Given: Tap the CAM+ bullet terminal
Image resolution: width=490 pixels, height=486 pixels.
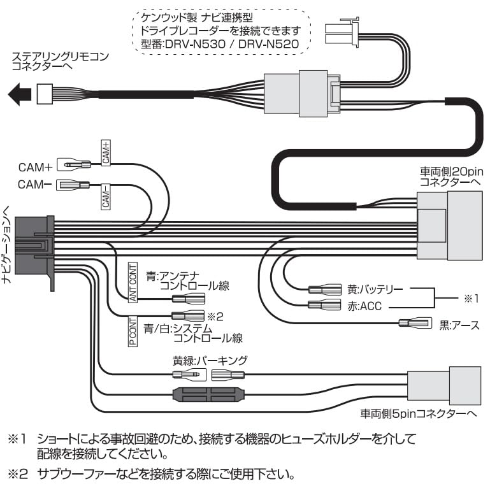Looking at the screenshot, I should pyautogui.click(x=73, y=165).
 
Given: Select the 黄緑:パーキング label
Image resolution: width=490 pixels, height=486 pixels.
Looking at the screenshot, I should pyautogui.click(x=210, y=361).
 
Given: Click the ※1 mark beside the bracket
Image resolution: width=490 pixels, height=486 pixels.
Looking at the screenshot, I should pyautogui.click(x=470, y=297).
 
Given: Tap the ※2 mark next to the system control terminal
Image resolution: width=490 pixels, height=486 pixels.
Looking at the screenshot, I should pyautogui.click(x=213, y=315).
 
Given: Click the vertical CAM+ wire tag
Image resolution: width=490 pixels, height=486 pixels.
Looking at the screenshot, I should pyautogui.click(x=106, y=153).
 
